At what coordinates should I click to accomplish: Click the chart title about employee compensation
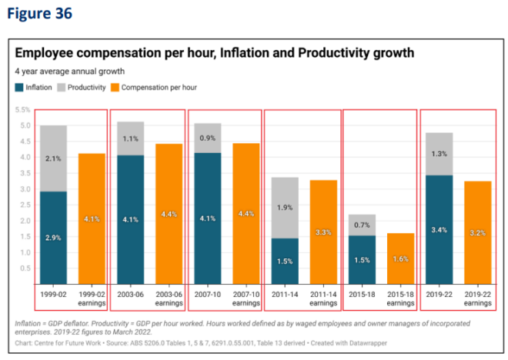(215, 53)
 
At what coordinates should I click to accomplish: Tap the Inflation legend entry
(35, 88)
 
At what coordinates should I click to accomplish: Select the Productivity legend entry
(82, 88)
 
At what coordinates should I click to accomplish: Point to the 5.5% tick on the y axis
(22, 110)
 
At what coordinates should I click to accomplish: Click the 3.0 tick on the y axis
(23, 189)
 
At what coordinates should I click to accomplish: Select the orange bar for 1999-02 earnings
(92, 218)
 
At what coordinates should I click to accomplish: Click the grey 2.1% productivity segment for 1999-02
(53, 158)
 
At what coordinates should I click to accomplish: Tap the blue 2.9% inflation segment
(53, 238)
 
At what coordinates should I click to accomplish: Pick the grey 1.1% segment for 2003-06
(130, 138)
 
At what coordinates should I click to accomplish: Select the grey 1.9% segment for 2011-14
(284, 208)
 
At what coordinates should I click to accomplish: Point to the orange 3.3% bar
(323, 232)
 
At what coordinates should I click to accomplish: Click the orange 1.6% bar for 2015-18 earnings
(399, 258)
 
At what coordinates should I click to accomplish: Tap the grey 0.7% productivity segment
(361, 225)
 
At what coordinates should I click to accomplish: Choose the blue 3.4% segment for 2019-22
(438, 229)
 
